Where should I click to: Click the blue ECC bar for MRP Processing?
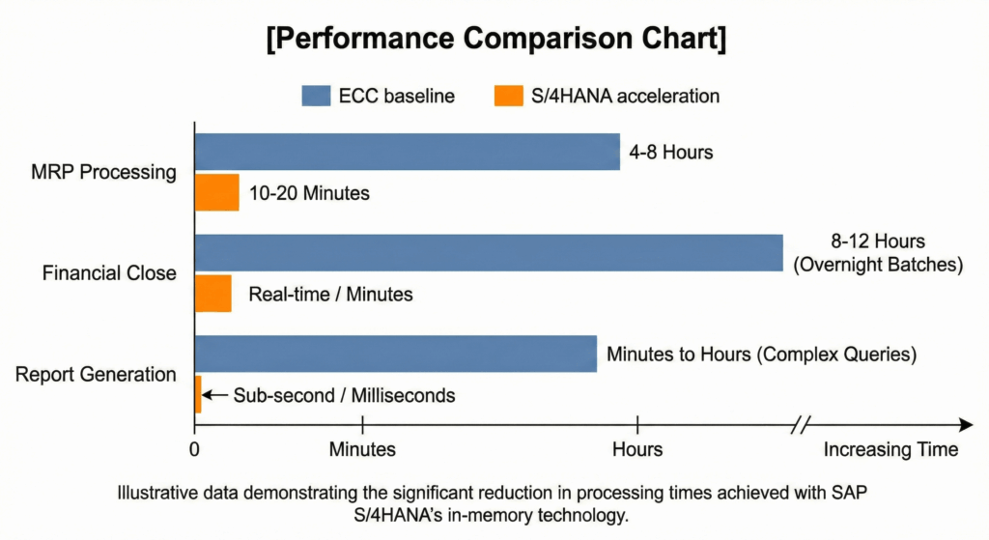click(x=407, y=152)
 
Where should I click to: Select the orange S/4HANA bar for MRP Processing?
click(x=216, y=192)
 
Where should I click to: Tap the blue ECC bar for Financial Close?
click(x=488, y=252)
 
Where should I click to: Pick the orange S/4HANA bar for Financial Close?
click(x=212, y=294)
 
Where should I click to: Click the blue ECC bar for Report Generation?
click(x=395, y=354)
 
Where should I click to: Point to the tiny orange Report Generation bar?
click(x=198, y=394)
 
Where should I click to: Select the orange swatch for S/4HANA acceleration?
click(x=509, y=96)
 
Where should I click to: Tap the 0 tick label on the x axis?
click(x=195, y=449)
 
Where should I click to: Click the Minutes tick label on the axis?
click(x=362, y=449)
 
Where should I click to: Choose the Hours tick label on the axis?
click(x=637, y=449)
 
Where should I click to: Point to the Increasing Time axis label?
click(x=890, y=449)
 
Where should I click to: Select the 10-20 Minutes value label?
click(x=309, y=193)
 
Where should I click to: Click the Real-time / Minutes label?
click(x=330, y=294)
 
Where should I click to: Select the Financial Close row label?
click(x=109, y=273)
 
